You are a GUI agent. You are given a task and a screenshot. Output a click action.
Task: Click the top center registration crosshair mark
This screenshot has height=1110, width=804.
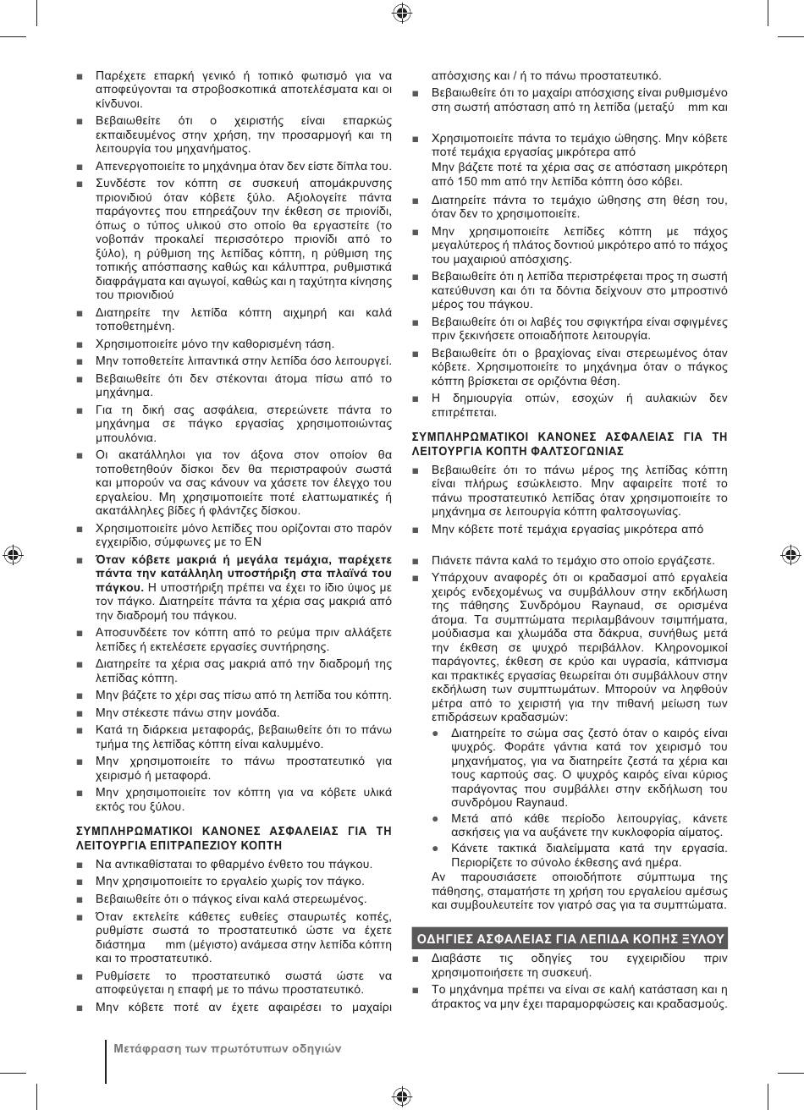pyautogui.click(x=402, y=12)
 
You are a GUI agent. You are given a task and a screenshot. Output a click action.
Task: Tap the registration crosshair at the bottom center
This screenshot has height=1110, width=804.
pyautogui.click(x=402, y=1097)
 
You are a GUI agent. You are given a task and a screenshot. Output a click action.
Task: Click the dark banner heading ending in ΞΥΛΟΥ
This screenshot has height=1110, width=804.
pyautogui.click(x=570, y=938)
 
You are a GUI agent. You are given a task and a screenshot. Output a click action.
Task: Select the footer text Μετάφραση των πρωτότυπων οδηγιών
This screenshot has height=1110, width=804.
pyautogui.click(x=228, y=1048)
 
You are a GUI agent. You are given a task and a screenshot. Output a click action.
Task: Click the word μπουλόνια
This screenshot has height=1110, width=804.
pyautogui.click(x=125, y=438)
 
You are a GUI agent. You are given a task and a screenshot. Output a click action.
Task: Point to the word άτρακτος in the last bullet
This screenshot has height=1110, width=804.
pyautogui.click(x=456, y=1003)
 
